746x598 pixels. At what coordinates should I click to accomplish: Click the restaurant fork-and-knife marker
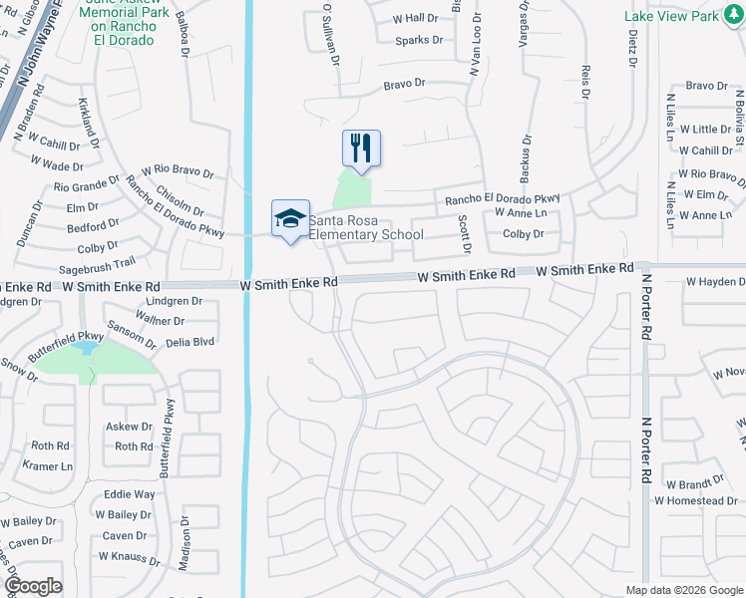tap(361, 149)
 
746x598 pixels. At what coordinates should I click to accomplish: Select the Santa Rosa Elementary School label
tap(365, 227)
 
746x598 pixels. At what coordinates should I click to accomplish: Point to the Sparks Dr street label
tap(419, 40)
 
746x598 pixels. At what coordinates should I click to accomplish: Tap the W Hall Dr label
tap(416, 18)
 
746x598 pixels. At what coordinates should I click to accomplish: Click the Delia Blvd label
tap(190, 341)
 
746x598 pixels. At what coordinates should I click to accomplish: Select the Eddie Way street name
tap(130, 494)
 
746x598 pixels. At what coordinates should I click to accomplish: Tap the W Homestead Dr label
tap(695, 500)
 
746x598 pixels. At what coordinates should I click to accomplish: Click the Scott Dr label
tap(464, 233)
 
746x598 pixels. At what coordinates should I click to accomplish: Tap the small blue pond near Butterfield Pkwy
tap(89, 348)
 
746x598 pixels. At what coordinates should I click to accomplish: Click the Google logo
tap(33, 586)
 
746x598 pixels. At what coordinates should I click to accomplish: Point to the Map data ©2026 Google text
tap(684, 590)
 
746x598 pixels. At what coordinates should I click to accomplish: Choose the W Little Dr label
tap(705, 130)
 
